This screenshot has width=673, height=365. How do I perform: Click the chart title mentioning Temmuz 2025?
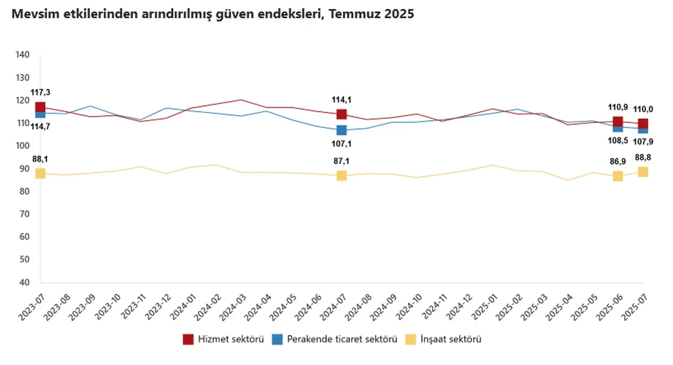[x=212, y=15]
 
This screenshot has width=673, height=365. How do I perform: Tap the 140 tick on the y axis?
[x=23, y=55]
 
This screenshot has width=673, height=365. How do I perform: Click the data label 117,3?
[x=40, y=93]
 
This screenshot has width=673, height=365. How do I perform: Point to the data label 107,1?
[x=341, y=143]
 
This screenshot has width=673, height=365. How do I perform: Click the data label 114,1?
[x=341, y=99]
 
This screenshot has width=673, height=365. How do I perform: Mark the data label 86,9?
[x=617, y=161]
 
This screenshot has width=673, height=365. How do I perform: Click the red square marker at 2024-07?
[x=341, y=114]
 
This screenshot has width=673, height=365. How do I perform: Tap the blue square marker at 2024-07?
[x=341, y=130]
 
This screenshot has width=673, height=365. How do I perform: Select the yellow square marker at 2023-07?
[x=40, y=173]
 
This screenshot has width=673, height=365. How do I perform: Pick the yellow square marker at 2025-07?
[x=643, y=171]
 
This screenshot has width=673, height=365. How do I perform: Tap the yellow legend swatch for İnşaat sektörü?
[x=411, y=339]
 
